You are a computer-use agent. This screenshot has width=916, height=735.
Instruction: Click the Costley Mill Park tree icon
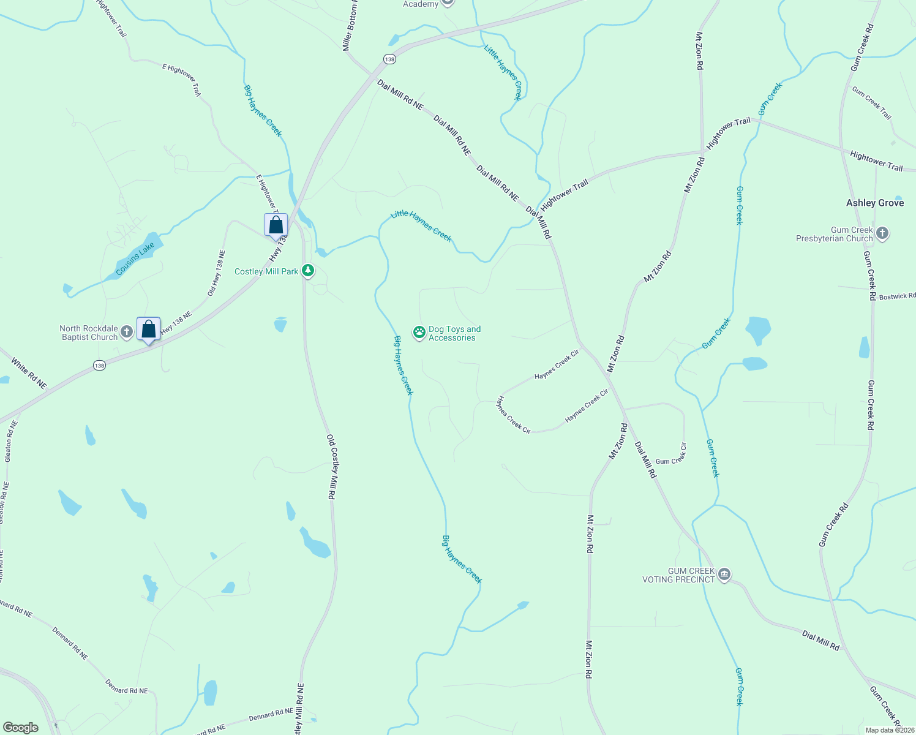pyautogui.click(x=308, y=270)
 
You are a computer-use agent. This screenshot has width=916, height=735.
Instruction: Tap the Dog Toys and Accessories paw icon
pyautogui.click(x=419, y=333)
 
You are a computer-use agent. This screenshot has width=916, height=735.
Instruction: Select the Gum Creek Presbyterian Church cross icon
pyautogui.click(x=882, y=233)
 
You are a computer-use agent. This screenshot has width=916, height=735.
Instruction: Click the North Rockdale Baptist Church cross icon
pyautogui.click(x=127, y=332)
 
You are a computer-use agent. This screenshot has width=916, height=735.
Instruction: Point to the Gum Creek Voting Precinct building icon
pyautogui.click(x=724, y=575)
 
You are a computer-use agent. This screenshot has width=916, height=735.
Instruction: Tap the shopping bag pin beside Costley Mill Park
pyautogui.click(x=276, y=225)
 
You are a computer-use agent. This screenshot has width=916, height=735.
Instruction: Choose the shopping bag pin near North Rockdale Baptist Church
pyautogui.click(x=148, y=330)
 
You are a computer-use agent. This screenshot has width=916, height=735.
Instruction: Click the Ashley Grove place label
pyautogui.click(x=874, y=203)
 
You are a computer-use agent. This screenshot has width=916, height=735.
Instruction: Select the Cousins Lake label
pyautogui.click(x=135, y=258)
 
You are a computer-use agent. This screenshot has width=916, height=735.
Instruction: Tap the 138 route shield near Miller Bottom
pyautogui.click(x=389, y=59)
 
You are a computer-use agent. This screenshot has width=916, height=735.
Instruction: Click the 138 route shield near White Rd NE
pyautogui.click(x=99, y=365)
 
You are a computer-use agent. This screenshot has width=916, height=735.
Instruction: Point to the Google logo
pyautogui.click(x=21, y=728)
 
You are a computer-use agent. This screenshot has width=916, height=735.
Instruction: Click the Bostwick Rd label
pyautogui.click(x=897, y=296)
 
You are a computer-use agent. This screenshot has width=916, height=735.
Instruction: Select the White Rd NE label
pyautogui.click(x=29, y=374)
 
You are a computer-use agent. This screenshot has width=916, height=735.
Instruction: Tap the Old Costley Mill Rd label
pyautogui.click(x=331, y=467)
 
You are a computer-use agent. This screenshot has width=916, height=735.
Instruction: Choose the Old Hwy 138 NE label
pyautogui.click(x=216, y=273)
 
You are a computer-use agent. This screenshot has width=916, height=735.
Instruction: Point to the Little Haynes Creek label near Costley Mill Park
pyautogui.click(x=421, y=226)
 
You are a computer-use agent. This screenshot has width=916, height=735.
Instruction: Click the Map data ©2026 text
pyautogui.click(x=889, y=730)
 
